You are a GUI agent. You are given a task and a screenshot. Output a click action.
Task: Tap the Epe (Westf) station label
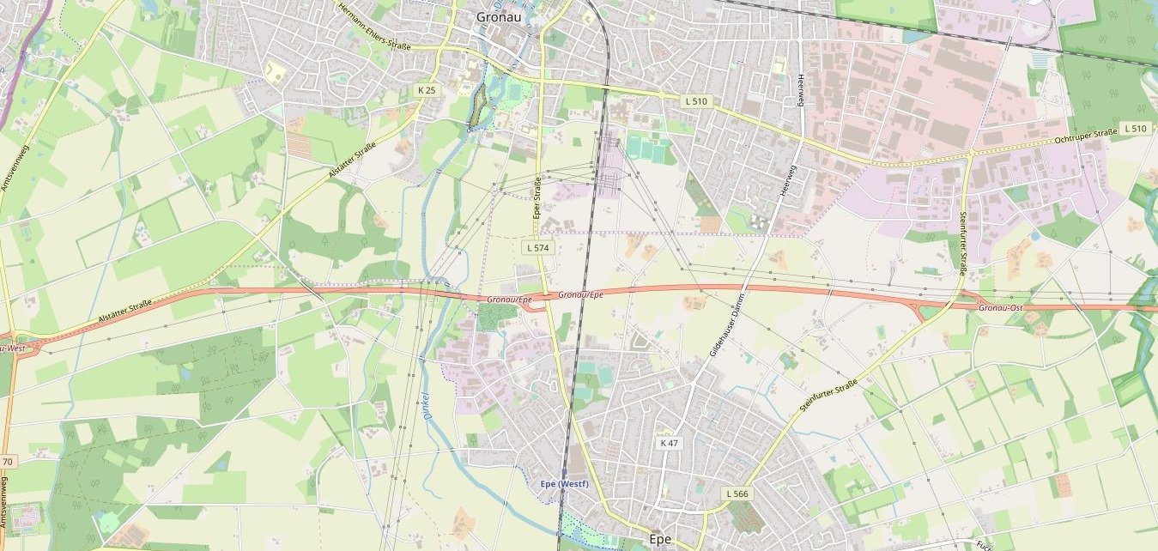[564, 484]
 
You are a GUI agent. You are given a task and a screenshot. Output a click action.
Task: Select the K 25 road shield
[427, 90]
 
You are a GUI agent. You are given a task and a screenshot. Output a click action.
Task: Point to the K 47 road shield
[669, 443]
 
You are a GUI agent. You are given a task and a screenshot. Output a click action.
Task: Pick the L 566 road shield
[737, 493]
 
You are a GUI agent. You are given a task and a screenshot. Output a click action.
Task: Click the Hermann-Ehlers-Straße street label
[375, 26]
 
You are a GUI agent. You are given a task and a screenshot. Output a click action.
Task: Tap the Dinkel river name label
[426, 405]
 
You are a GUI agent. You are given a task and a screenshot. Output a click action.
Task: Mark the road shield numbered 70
[9, 462]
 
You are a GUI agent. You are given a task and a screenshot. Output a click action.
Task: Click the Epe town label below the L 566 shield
[660, 539]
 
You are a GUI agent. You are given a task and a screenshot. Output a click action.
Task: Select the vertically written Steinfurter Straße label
[963, 243]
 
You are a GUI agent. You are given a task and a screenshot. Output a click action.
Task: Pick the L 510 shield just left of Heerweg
[696, 101]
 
